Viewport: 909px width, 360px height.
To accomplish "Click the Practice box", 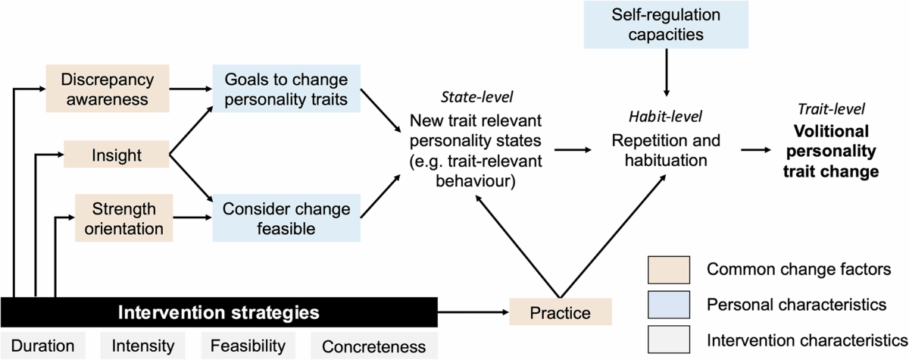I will (560, 312).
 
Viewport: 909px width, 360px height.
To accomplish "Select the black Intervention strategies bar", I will (219, 312).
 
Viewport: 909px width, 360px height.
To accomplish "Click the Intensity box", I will (143, 346).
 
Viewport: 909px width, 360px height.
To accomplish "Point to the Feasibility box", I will (248, 346).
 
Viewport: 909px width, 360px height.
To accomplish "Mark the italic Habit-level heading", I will (664, 117).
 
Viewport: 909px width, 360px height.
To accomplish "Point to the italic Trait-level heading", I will (831, 109).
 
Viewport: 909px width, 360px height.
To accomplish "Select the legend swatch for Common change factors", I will (667, 268).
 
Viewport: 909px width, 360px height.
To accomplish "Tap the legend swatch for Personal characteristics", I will (667, 304).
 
